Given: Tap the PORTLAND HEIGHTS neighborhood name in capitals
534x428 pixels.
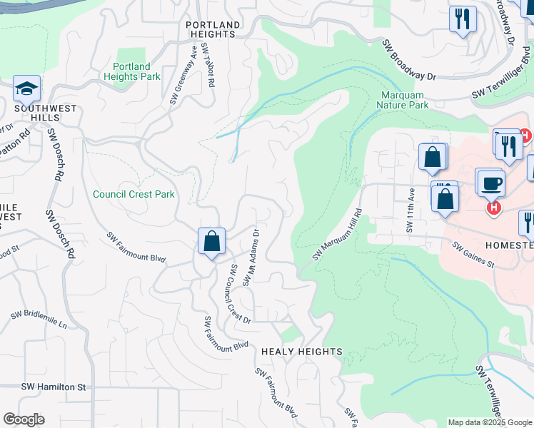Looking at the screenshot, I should pyautogui.click(x=213, y=29).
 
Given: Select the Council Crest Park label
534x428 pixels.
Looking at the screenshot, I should pyautogui.click(x=133, y=194).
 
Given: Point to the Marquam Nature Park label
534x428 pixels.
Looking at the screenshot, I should pyautogui.click(x=405, y=99).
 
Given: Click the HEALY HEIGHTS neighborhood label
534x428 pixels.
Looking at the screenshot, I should pyautogui.click(x=302, y=352).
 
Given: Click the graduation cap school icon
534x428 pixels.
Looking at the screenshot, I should pyautogui.click(x=27, y=89).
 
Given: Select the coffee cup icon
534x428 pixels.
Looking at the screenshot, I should pyautogui.click(x=491, y=183).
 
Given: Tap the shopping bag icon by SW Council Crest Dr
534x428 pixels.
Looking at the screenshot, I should pyautogui.click(x=212, y=242).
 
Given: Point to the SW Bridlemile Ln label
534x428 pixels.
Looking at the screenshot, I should pyautogui.click(x=39, y=319).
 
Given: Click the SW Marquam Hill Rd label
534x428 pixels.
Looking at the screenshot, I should pyautogui.click(x=338, y=234).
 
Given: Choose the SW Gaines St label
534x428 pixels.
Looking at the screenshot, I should pyautogui.click(x=473, y=254).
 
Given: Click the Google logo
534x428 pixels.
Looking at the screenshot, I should pyautogui.click(x=24, y=419).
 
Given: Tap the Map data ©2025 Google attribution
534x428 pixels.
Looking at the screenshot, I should pyautogui.click(x=489, y=422).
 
